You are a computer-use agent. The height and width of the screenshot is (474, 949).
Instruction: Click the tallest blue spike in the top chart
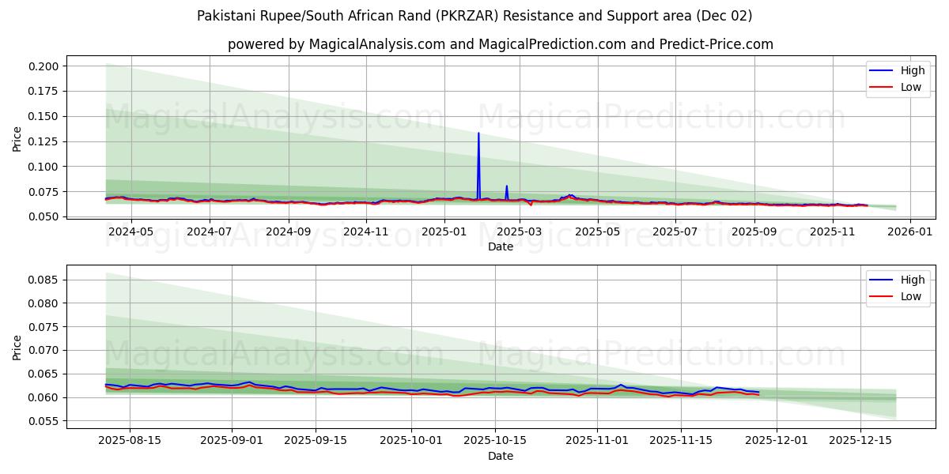pyautogui.click(x=478, y=134)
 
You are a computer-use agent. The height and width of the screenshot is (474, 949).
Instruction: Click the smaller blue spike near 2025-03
pyautogui.click(x=506, y=187)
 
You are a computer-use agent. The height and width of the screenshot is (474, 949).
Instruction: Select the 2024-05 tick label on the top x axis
pyautogui.click(x=130, y=231)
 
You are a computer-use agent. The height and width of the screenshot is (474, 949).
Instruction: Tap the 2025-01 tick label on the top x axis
pyautogui.click(x=444, y=231)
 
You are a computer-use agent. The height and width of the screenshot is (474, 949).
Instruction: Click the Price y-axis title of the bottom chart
pyautogui.click(x=17, y=347)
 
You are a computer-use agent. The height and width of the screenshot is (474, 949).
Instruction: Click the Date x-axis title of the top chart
pyautogui.click(x=501, y=246)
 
